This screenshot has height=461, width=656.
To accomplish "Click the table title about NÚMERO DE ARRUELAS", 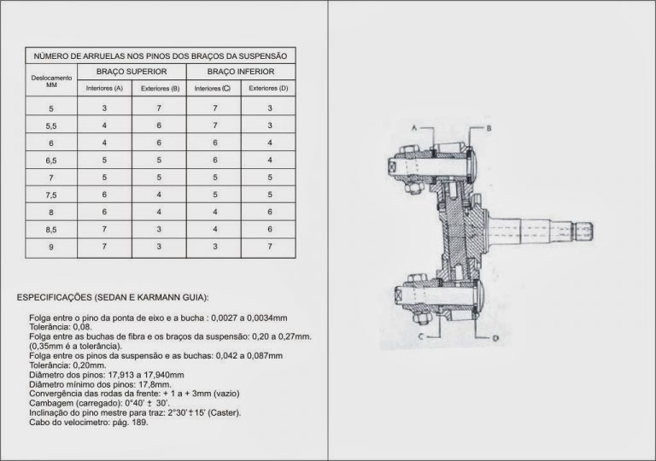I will tap(160, 55).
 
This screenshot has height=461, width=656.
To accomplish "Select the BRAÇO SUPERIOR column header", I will tap(132, 72).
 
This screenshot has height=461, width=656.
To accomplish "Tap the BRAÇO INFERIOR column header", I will tap(242, 72).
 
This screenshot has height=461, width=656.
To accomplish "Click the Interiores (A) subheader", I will tap(105, 89).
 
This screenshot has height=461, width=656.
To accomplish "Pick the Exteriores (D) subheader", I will tap(269, 89).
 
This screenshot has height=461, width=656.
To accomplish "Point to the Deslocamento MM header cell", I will tap(50, 80).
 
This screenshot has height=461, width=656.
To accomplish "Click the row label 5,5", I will tap(50, 125).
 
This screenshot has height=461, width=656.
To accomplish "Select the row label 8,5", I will tap(50, 230).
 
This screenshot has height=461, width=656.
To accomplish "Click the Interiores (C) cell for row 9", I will tap(214, 247).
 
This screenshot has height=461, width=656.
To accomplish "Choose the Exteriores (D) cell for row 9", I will tap(269, 247).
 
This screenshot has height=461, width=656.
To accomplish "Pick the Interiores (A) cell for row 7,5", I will tap(105, 195).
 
